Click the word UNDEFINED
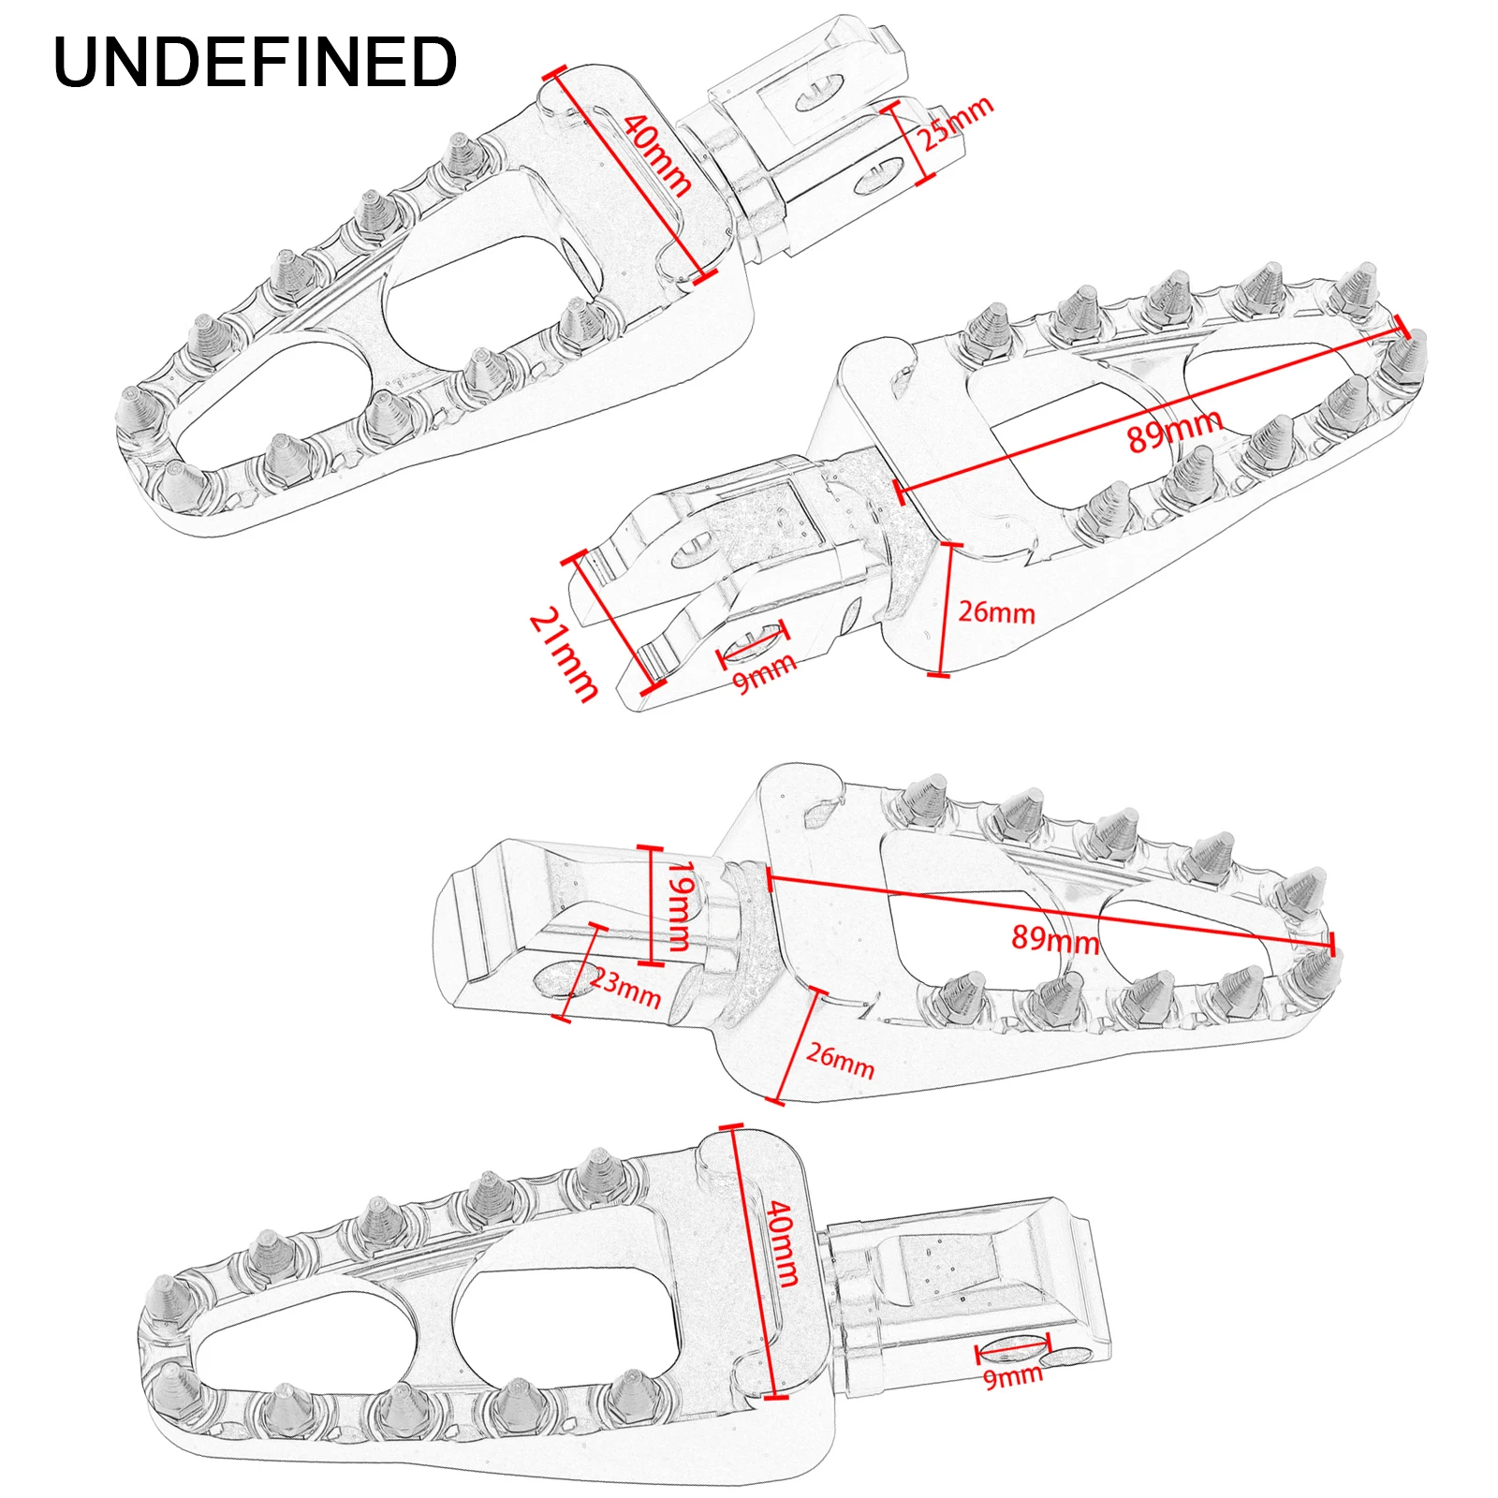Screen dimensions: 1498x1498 pyautogui.click(x=255, y=63)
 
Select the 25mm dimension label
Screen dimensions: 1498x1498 pyautogui.click(x=954, y=123)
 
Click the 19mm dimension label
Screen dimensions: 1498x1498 pyautogui.click(x=682, y=905)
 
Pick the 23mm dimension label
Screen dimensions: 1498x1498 pyautogui.click(x=625, y=989)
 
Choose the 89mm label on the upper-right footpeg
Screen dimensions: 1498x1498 pyautogui.click(x=1174, y=431)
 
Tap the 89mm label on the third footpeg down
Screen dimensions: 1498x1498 pyautogui.click(x=1055, y=938)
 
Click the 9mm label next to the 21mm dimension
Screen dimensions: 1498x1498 pyautogui.click(x=764, y=672)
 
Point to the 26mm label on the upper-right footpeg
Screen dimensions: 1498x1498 pyautogui.click(x=996, y=612)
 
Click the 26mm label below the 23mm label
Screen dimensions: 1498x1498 pyautogui.click(x=840, y=1060)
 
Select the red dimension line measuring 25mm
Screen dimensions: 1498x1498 pyautogui.click(x=910, y=142)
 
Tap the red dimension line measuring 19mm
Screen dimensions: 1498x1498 pyautogui.click(x=652, y=905)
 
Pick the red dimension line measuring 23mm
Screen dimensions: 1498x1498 pyautogui.click(x=580, y=973)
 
